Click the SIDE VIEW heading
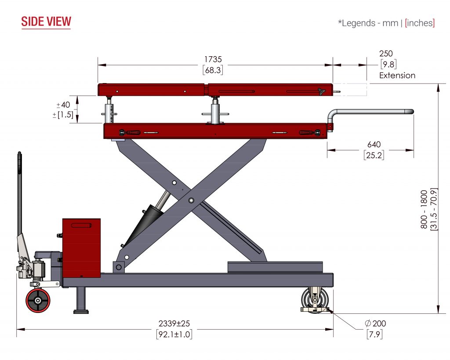pyautogui.click(x=46, y=22)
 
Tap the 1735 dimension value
pyautogui.click(x=213, y=59)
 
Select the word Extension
pyautogui.click(x=397, y=76)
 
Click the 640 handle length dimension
pyautogui.click(x=374, y=145)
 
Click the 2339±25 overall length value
pyautogui.click(x=174, y=324)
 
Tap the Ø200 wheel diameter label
pyautogui.click(x=375, y=323)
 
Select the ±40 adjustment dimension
pyautogui.click(x=63, y=105)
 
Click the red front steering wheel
pyautogui.click(x=38, y=300)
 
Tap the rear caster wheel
pyautogui.click(x=315, y=299)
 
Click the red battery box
pyautogui.click(x=81, y=248)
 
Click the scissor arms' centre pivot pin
pyautogui.click(x=191, y=200)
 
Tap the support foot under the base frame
pyautogui.click(x=81, y=300)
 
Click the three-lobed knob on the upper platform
pyautogui.click(x=321, y=91)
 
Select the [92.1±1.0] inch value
pyautogui.click(x=174, y=335)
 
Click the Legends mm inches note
pyautogui.click(x=386, y=23)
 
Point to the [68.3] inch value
pyautogui.click(x=213, y=70)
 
